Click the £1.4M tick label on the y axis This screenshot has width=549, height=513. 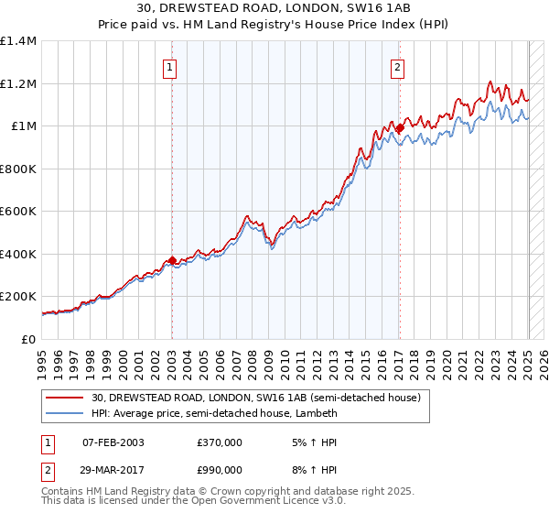point(18,41)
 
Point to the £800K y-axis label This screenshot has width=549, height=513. point(18,169)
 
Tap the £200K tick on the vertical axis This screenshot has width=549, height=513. point(18,297)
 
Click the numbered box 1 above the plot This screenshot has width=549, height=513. point(171,66)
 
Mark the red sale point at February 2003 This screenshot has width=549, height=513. point(172,261)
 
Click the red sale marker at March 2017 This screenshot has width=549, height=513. point(400,129)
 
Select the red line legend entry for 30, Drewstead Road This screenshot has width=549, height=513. point(255,398)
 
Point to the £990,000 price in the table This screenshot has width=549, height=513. point(220,469)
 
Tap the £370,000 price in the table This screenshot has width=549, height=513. point(220,442)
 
